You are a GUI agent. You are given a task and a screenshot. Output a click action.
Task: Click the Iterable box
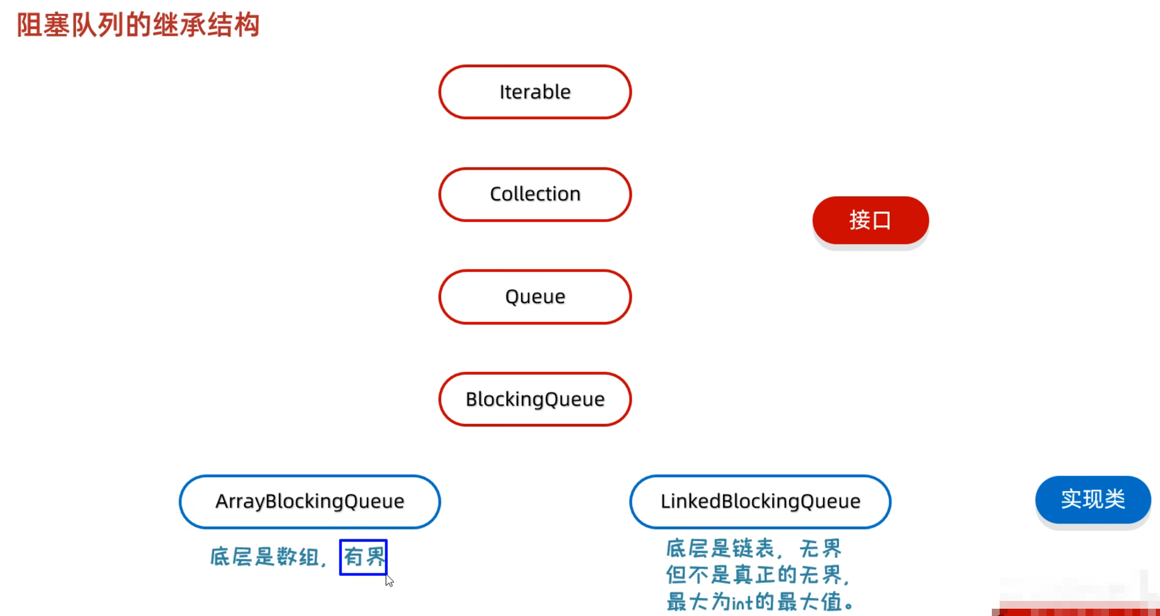click(535, 92)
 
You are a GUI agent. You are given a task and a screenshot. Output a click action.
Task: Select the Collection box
click(535, 194)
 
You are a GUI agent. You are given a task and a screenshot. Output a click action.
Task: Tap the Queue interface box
click(535, 297)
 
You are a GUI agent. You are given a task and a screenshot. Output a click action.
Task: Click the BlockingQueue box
click(535, 399)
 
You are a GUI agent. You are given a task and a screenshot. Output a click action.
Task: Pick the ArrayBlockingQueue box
click(310, 502)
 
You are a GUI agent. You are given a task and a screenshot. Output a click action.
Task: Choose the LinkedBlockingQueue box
click(760, 502)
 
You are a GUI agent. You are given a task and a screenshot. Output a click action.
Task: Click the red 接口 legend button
click(870, 220)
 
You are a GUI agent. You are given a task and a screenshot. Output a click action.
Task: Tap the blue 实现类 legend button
click(1093, 499)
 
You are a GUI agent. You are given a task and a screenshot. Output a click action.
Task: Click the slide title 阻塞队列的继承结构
click(138, 25)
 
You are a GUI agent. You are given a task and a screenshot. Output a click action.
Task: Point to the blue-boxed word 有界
click(363, 557)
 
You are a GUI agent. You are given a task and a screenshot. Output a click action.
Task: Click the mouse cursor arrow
click(389, 581)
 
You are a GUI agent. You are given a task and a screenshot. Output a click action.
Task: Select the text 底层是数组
click(264, 557)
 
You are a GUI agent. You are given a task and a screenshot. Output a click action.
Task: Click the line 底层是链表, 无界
click(753, 549)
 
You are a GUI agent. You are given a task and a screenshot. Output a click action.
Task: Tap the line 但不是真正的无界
click(757, 575)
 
